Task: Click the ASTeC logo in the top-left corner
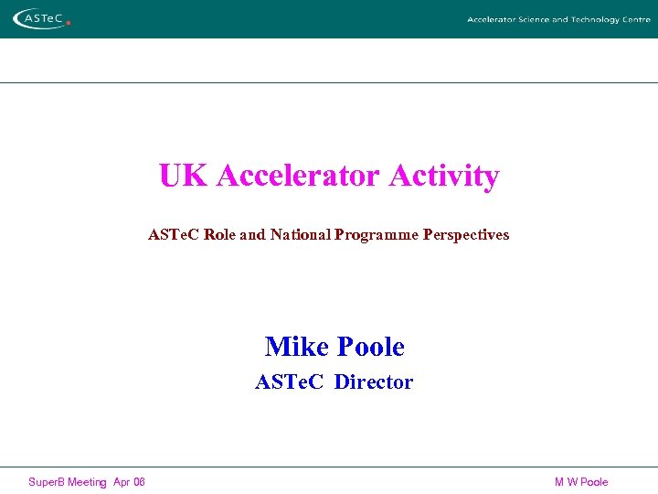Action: [x=38, y=18]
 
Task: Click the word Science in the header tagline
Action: [x=530, y=19]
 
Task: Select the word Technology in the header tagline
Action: [x=595, y=19]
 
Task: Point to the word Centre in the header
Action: [x=636, y=19]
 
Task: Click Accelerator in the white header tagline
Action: [x=489, y=19]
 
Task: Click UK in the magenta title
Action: [x=183, y=175]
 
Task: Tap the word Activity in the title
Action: [x=444, y=175]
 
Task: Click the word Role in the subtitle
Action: [x=219, y=234]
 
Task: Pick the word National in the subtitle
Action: [x=300, y=234]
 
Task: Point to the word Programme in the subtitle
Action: [x=377, y=234]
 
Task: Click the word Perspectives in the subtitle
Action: [x=466, y=234]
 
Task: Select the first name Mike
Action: [x=297, y=347]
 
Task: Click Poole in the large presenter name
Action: [x=371, y=347]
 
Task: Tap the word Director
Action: [x=374, y=382]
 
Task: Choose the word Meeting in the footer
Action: [x=87, y=482]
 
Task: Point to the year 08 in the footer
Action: [x=138, y=482]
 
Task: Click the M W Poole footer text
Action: [x=581, y=482]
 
